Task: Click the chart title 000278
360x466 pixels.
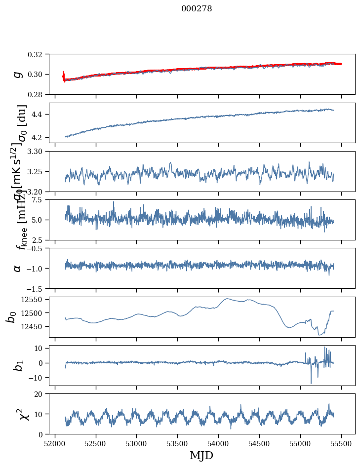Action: (197, 8)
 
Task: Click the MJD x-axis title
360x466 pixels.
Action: (201, 456)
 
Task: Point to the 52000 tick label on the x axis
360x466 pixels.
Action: (55, 443)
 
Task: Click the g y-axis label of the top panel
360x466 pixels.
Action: (18, 74)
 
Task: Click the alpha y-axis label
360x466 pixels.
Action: (18, 268)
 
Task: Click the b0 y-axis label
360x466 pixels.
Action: (11, 316)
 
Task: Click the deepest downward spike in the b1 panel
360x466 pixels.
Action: (311, 383)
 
